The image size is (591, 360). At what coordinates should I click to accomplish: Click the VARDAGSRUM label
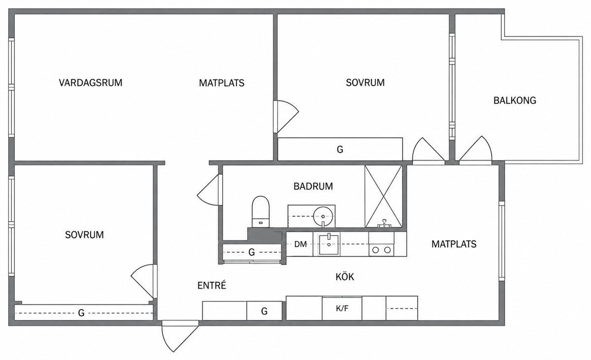[x=91, y=83]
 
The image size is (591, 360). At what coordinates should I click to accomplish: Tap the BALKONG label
[x=515, y=100]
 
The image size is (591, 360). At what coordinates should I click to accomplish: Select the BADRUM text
[x=313, y=187]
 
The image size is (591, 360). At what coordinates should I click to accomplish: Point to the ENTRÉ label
[x=212, y=285]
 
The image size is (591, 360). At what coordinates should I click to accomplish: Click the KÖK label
[x=345, y=277]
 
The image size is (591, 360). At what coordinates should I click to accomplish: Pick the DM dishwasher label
[x=300, y=244]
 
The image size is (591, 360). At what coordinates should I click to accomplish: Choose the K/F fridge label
[x=342, y=308]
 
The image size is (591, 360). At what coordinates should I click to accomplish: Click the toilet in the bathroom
[x=261, y=211]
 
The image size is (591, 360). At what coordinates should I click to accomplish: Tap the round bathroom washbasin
[x=323, y=217]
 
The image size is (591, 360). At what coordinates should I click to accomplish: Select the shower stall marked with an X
[x=383, y=196]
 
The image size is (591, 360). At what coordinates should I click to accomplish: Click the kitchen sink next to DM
[x=328, y=244]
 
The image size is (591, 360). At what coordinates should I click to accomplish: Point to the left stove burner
[x=376, y=250]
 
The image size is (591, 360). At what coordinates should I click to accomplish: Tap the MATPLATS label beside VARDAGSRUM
[x=222, y=83]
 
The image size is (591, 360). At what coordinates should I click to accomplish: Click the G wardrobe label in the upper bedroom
[x=340, y=150]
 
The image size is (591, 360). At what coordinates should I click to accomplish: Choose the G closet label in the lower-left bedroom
[x=81, y=313]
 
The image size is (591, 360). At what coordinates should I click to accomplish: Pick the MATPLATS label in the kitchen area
[x=454, y=244]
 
